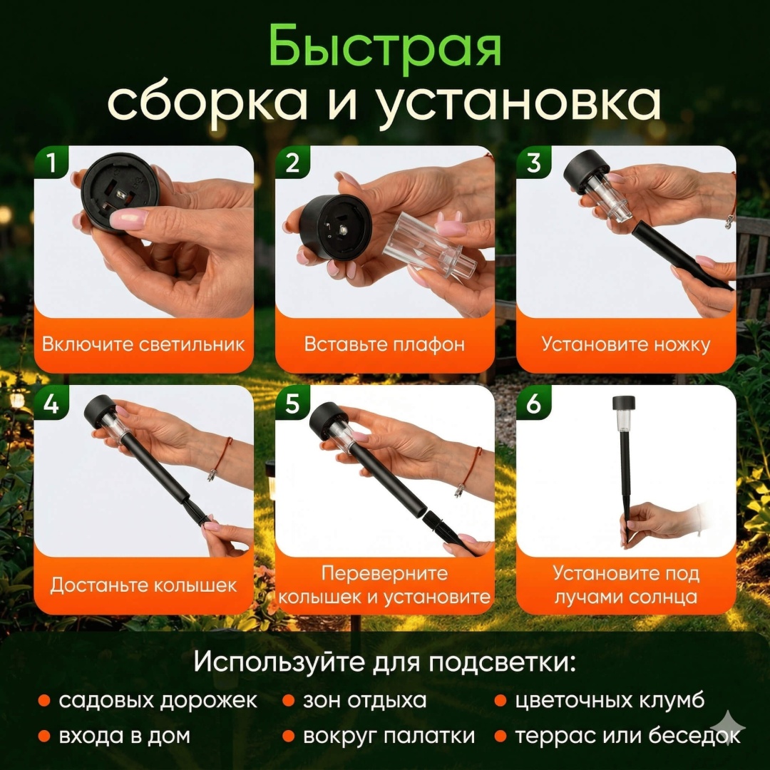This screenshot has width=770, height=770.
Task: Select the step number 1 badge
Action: tap(51, 162)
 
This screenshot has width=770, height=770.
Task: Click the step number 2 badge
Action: tap(292, 162)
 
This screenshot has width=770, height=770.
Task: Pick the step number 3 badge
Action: tap(533, 162)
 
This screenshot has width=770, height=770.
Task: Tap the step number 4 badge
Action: tap(51, 404)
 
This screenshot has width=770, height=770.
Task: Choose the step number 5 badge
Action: tap(292, 404)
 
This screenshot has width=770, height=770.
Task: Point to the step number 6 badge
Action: tap(533, 404)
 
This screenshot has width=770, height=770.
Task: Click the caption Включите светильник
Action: tap(143, 344)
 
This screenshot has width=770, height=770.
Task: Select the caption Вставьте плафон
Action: tap(384, 344)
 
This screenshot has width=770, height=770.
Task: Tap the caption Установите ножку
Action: tap(626, 344)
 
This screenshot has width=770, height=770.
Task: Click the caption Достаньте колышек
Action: tap(143, 585)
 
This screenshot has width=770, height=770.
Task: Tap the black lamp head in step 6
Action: tap(624, 403)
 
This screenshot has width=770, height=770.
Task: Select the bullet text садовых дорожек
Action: tap(158, 701)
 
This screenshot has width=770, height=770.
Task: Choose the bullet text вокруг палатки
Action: tap(389, 736)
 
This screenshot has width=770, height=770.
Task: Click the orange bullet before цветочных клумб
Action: tap(500, 701)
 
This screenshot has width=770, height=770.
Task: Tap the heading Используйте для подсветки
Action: tap(384, 662)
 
